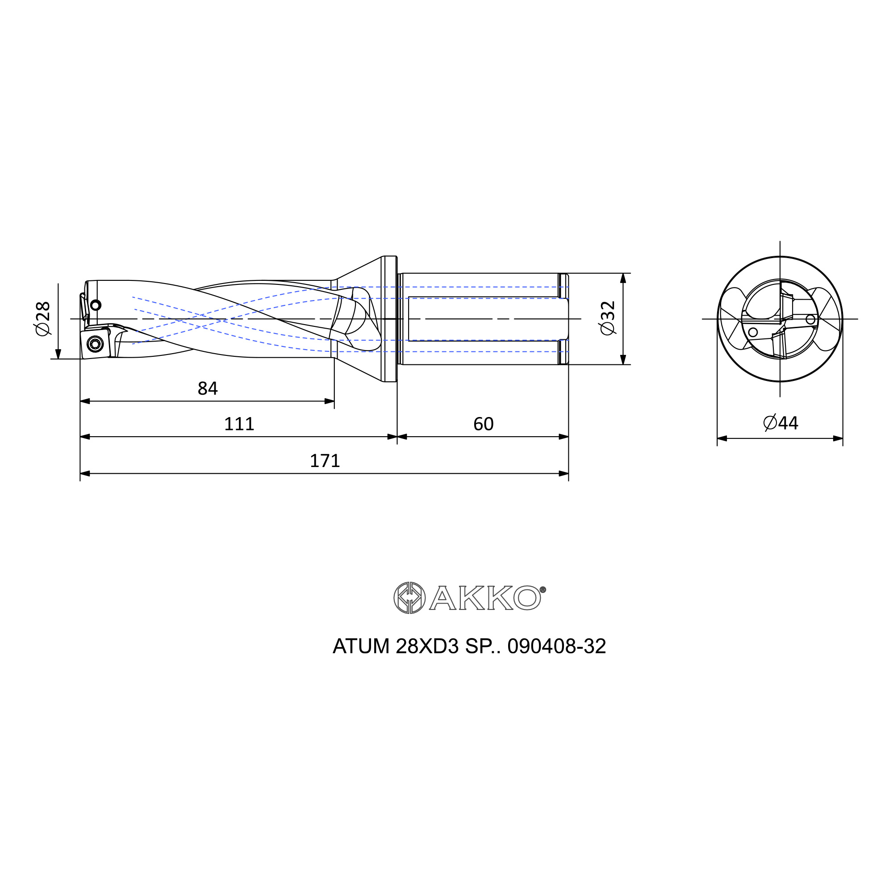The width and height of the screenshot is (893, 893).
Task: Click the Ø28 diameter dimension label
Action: pyautogui.click(x=42, y=318)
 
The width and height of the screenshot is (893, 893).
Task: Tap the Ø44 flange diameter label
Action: pyautogui.click(x=780, y=423)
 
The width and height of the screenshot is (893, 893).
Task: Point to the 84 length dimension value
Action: pyautogui.click(x=208, y=389)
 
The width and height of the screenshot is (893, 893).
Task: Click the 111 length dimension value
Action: pyautogui.click(x=239, y=424)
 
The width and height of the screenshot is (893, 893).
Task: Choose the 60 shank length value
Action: pyautogui.click(x=484, y=424)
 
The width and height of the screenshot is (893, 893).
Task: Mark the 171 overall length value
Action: pyautogui.click(x=325, y=461)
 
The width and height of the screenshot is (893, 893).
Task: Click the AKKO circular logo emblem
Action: pyautogui.click(x=409, y=598)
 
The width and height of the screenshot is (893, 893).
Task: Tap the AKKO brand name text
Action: pyautogui.click(x=485, y=598)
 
